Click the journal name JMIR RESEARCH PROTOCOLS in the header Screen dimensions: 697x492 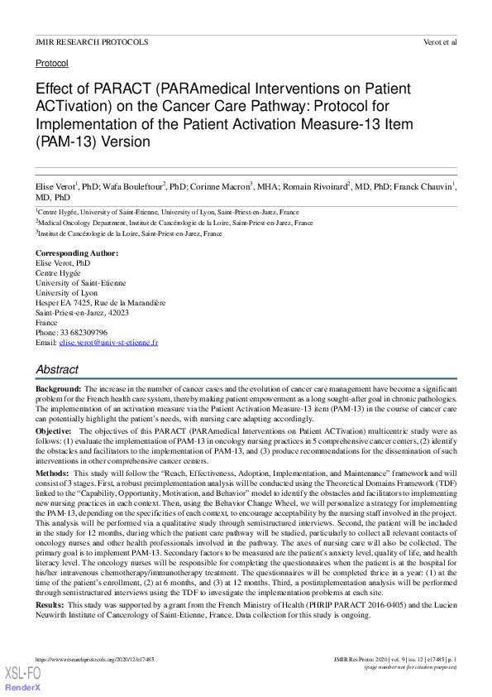point(92,41)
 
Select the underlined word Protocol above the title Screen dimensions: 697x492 point(51,63)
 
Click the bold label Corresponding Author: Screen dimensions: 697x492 point(76,252)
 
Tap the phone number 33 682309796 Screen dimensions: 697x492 point(84,332)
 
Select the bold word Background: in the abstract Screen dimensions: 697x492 point(58,388)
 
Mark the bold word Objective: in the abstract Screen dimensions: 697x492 point(55,431)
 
